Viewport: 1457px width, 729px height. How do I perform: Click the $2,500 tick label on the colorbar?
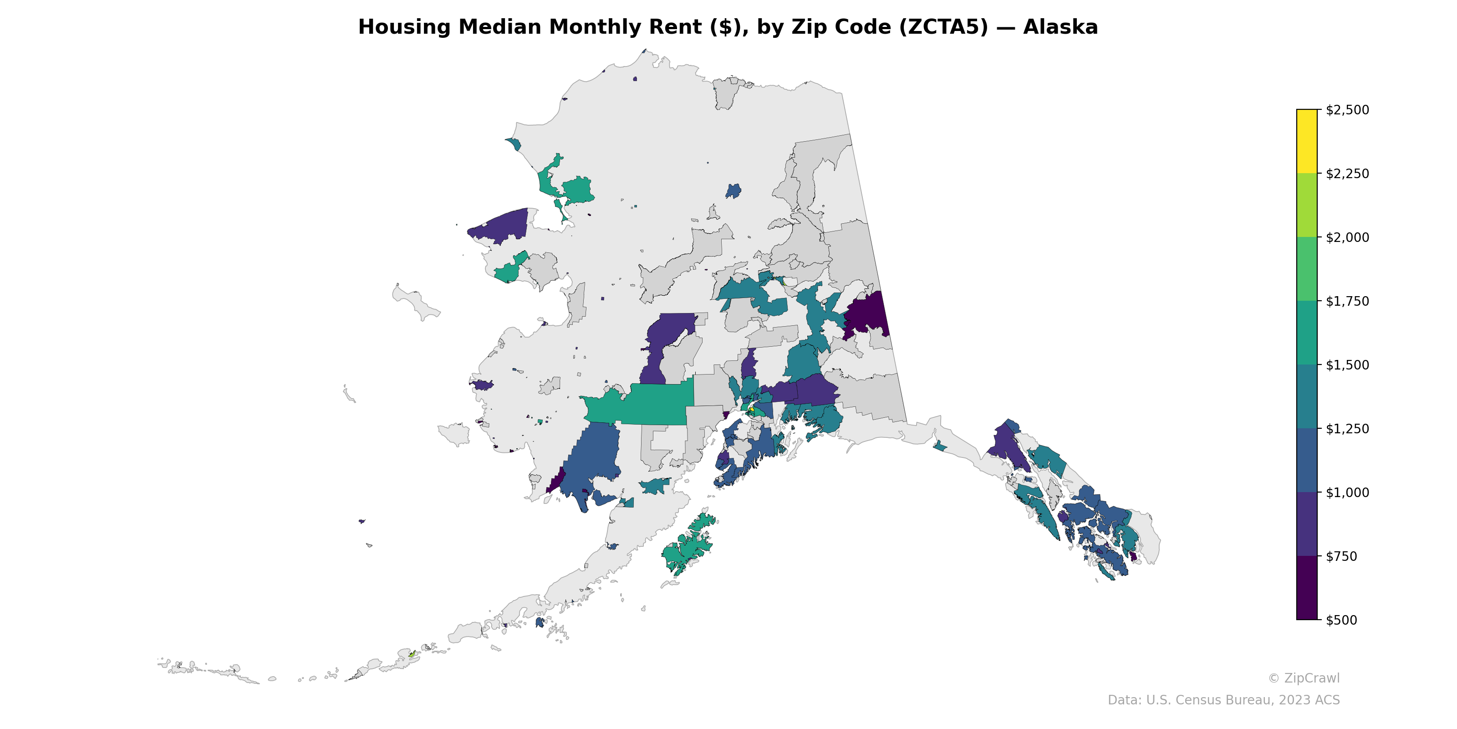pyautogui.click(x=1347, y=110)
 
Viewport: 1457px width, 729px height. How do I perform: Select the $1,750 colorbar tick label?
pyautogui.click(x=1347, y=301)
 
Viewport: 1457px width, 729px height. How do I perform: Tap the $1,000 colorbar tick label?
pyautogui.click(x=1347, y=493)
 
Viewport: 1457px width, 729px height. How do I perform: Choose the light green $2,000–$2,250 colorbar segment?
pyautogui.click(x=1307, y=205)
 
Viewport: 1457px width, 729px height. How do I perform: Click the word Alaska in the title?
pyautogui.click(x=1060, y=27)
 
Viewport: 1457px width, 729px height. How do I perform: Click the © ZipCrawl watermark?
pyautogui.click(x=1303, y=678)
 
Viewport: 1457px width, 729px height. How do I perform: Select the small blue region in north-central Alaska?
pyautogui.click(x=733, y=191)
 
